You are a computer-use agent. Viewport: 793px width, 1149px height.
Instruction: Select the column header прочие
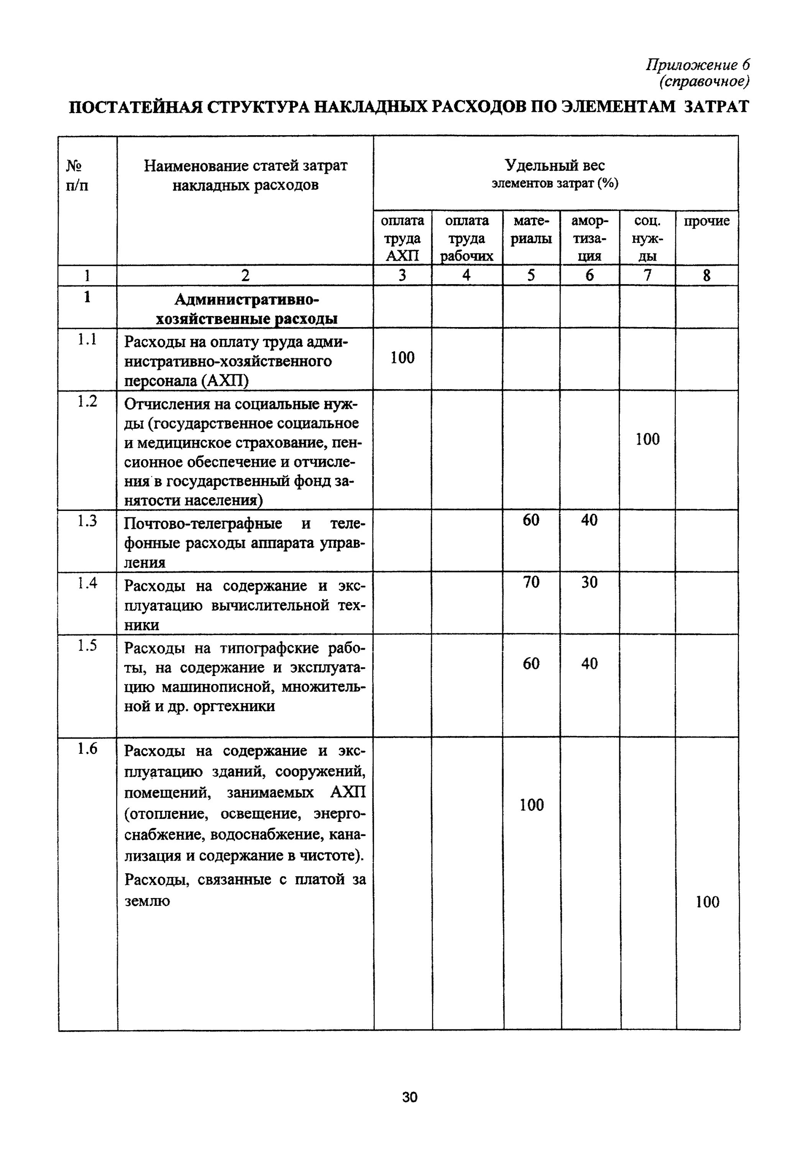(706, 221)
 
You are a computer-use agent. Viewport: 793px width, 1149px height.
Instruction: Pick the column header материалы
(531, 229)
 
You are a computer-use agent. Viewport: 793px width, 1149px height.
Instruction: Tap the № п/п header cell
(77, 175)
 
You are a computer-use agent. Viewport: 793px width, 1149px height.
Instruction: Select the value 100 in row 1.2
(647, 439)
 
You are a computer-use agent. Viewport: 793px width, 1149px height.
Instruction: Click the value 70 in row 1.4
(531, 582)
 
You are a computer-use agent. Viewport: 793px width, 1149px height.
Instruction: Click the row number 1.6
(87, 749)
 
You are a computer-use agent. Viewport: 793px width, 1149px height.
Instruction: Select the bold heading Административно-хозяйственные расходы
(246, 309)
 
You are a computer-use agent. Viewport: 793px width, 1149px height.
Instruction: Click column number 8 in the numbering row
(706, 276)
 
